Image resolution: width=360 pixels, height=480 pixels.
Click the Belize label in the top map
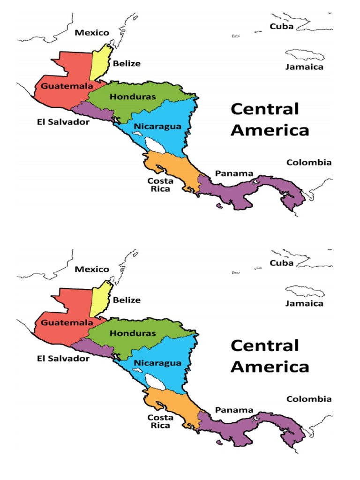(x=127, y=63)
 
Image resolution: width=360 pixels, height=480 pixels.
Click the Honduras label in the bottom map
(x=133, y=333)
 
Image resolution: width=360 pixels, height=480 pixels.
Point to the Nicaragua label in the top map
(x=157, y=127)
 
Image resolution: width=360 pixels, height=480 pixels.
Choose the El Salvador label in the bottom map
(x=63, y=359)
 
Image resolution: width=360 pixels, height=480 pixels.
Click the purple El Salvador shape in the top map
(x=94, y=112)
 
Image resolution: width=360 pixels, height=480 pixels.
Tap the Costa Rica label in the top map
(x=160, y=185)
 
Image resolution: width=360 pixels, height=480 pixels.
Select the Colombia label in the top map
(x=309, y=163)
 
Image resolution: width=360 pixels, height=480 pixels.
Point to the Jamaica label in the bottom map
(x=304, y=303)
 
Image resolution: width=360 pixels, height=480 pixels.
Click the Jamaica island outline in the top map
(x=305, y=55)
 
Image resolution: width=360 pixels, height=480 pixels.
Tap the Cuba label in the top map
(x=282, y=26)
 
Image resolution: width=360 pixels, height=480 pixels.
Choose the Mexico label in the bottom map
(x=92, y=270)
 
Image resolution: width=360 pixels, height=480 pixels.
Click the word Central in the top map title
(x=264, y=110)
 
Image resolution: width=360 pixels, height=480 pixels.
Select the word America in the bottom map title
(x=270, y=367)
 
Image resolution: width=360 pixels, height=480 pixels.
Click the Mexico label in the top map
(x=92, y=33)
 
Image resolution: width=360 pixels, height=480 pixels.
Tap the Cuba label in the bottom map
(x=282, y=263)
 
